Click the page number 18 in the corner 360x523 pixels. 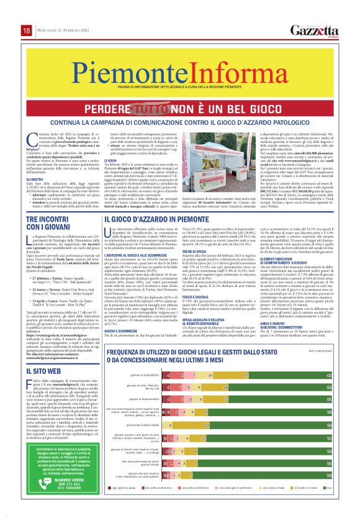pyautogui.click(x=27, y=30)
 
